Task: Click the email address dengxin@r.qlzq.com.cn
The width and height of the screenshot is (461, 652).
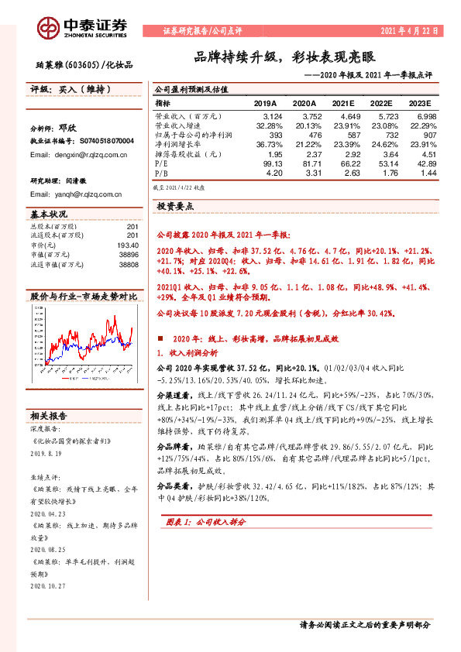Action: click(x=78, y=155)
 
